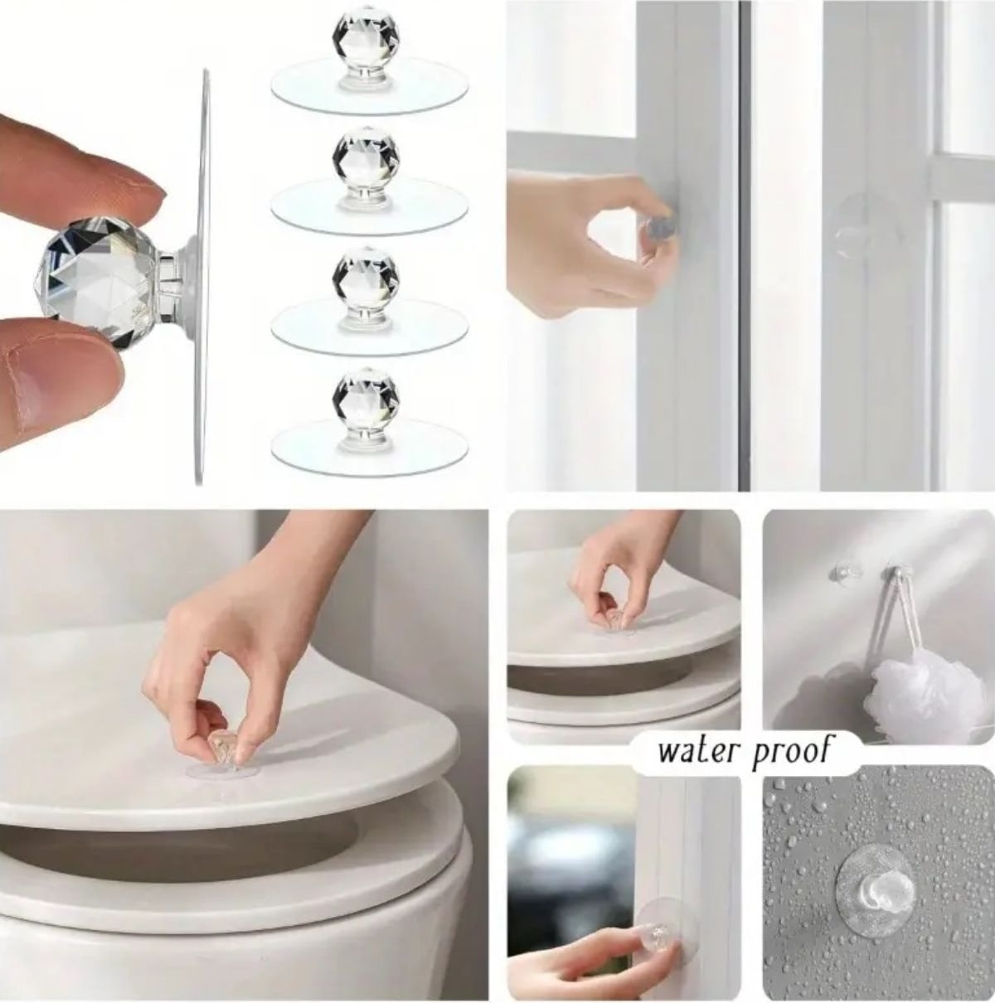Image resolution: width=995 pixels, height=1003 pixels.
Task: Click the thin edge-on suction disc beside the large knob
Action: [202, 277]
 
